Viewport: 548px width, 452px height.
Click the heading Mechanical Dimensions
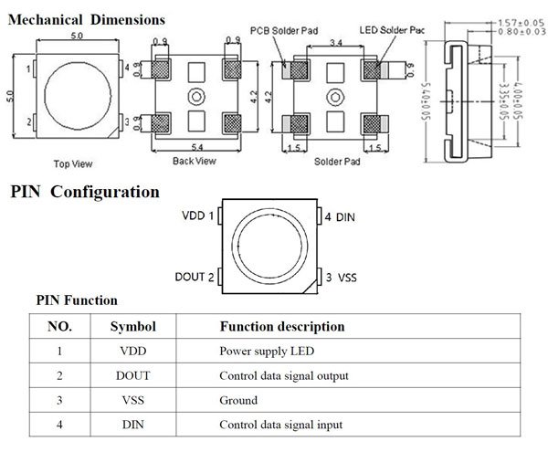(x=87, y=18)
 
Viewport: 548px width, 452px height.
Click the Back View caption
(x=194, y=161)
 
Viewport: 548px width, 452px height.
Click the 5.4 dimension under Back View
(x=195, y=147)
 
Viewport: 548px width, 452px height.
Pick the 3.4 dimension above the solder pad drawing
(x=335, y=43)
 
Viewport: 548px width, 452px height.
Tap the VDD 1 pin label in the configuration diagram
(x=198, y=216)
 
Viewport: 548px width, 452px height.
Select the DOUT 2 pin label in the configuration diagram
(x=195, y=276)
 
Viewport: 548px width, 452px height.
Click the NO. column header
(x=58, y=326)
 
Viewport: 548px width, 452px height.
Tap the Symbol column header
(x=133, y=326)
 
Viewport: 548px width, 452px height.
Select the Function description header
(x=282, y=326)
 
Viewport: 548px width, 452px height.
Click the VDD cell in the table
(x=133, y=351)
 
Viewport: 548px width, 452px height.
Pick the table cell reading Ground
(x=238, y=400)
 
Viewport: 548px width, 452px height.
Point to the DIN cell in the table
(x=133, y=425)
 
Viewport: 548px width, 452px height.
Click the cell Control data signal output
(x=284, y=375)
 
